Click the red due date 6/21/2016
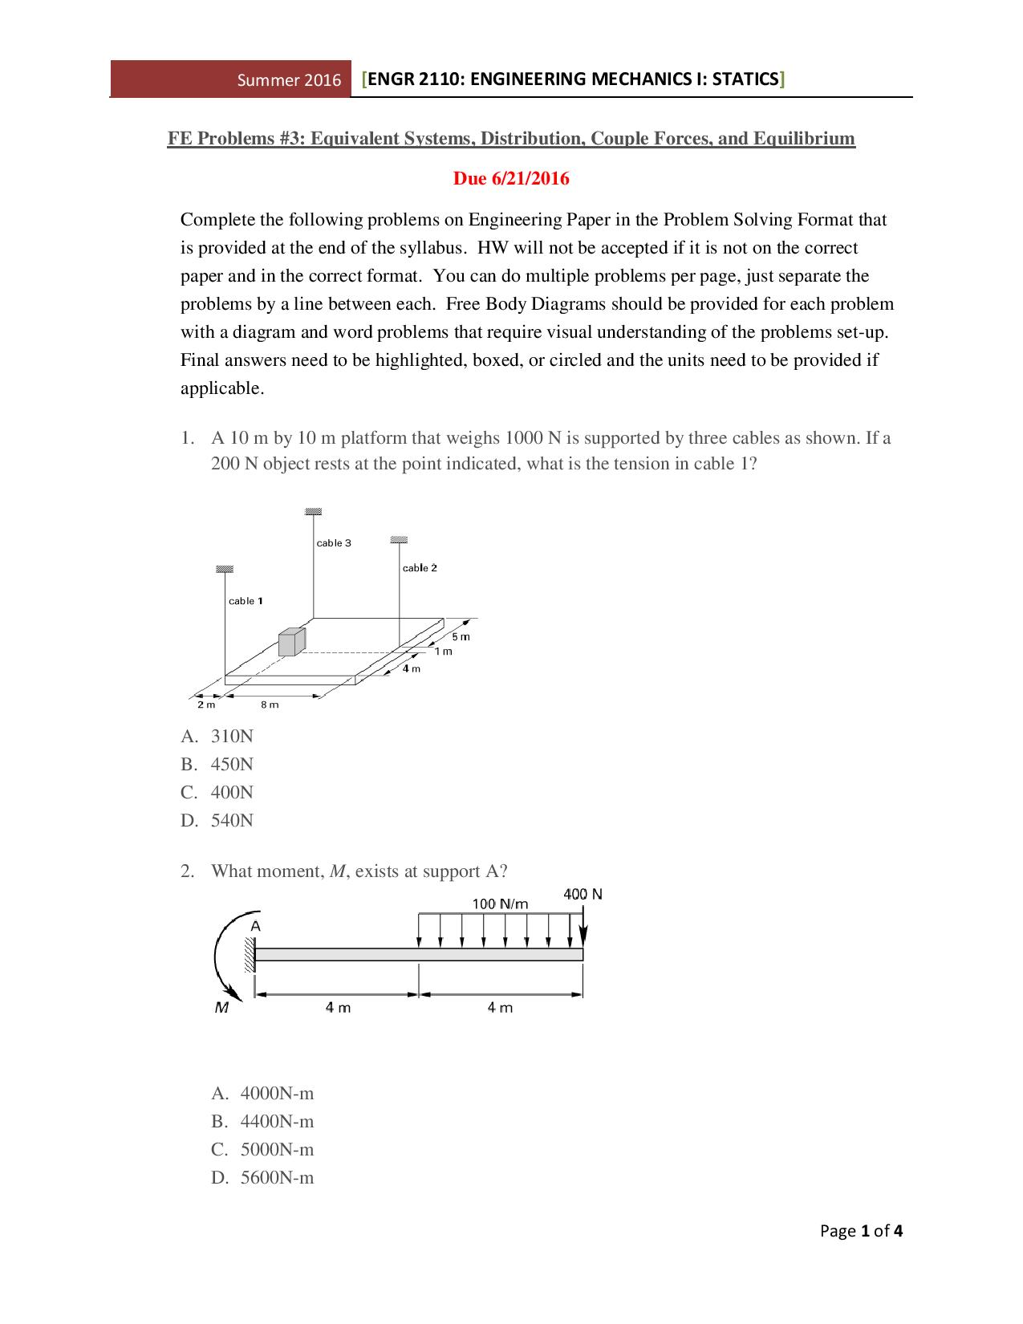tap(511, 178)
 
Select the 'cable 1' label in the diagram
tap(246, 601)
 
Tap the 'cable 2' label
tap(420, 568)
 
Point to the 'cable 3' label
tap(334, 543)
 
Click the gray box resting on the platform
tap(292, 643)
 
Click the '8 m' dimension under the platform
tap(270, 705)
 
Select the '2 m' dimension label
tap(206, 705)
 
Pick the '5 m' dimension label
tap(461, 636)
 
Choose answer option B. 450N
tap(232, 764)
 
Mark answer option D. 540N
tap(232, 820)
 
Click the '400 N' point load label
tap(583, 894)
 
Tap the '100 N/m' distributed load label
tap(500, 904)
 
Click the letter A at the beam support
tap(255, 926)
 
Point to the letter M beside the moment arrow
tap(221, 1008)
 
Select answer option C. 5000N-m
tap(276, 1149)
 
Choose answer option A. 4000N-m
tap(276, 1093)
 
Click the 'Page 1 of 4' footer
tap(861, 1231)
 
